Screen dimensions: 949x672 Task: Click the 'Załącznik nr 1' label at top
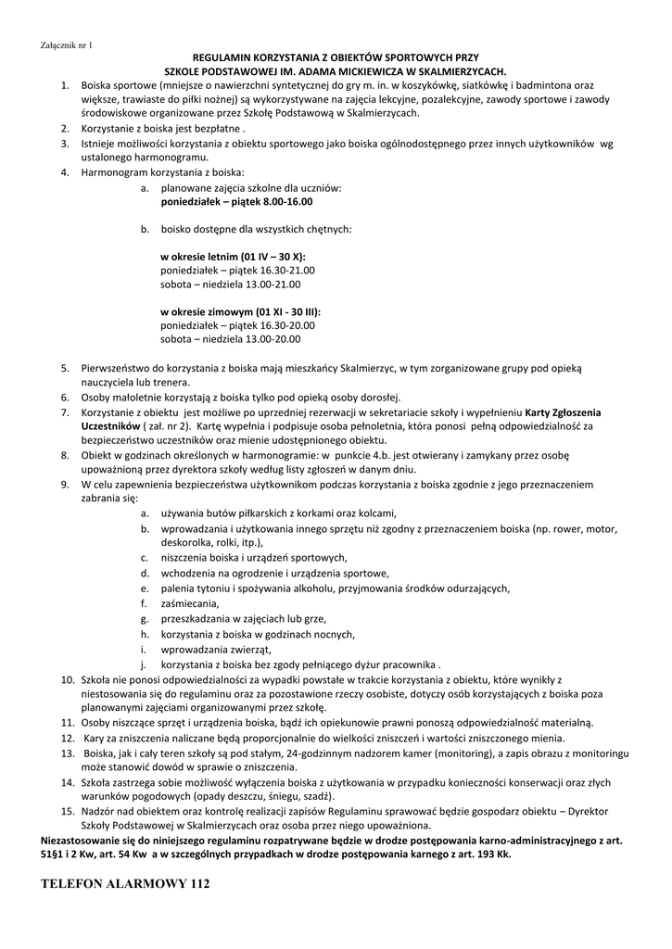coord(68,45)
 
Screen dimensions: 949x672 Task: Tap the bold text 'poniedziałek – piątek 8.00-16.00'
coord(236,201)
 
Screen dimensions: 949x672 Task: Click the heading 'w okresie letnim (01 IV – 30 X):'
coord(233,256)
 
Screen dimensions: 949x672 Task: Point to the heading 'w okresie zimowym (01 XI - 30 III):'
coord(247,311)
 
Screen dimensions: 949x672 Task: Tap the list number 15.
coord(68,811)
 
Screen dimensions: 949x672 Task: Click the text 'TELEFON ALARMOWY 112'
coord(126,885)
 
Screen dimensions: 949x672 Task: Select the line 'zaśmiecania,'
coord(190,603)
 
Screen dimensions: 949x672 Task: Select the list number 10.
coord(68,679)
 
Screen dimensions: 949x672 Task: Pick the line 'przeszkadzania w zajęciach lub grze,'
coord(244,618)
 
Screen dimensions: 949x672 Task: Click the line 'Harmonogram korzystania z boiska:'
coord(162,172)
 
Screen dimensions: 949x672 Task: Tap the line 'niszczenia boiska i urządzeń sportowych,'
coord(253,557)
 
